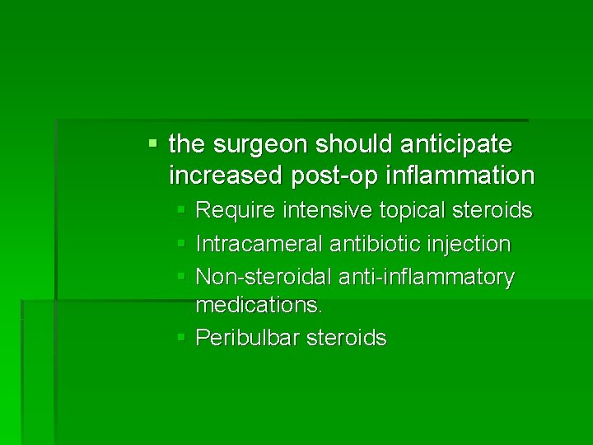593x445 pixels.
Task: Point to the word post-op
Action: coord(315,176)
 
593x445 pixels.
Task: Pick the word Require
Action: coord(234,211)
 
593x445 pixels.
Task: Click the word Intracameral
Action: coord(259,245)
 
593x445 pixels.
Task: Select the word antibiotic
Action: coord(371,245)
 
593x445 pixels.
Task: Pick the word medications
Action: coord(259,306)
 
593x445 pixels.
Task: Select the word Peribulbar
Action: coord(247,339)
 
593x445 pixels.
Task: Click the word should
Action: coord(347,145)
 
